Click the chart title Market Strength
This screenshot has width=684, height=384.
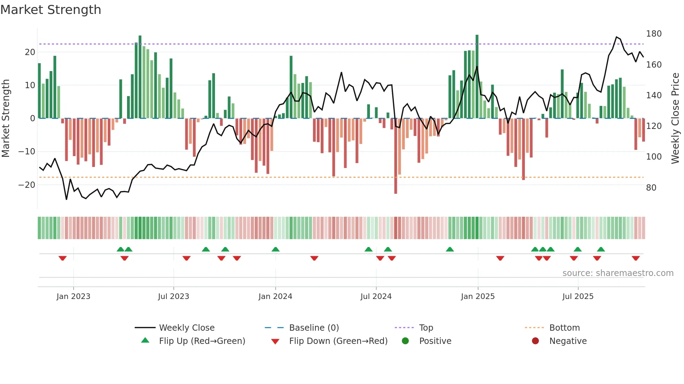[x=51, y=10]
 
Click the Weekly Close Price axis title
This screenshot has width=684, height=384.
[x=675, y=118]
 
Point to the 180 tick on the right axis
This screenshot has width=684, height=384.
[x=654, y=34]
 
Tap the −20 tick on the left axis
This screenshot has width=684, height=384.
[x=27, y=185]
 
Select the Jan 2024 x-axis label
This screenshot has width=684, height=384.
[x=275, y=297]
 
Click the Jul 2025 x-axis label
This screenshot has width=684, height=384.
[x=578, y=297]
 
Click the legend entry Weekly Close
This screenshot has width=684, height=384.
[x=187, y=328]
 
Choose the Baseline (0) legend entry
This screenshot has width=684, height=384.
[x=314, y=328]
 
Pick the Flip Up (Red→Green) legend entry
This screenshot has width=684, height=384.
[x=202, y=341]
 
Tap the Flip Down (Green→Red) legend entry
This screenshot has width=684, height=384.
[x=338, y=341]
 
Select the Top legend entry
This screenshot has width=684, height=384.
[x=426, y=328]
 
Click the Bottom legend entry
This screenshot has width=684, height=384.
[x=564, y=328]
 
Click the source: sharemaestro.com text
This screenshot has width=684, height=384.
[x=618, y=273]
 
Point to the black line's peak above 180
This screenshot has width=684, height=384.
[x=617, y=37]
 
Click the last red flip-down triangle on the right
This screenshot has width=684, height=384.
[x=635, y=258]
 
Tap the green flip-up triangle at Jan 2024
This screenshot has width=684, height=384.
[x=275, y=249]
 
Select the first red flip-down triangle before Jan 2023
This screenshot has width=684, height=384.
[x=62, y=258]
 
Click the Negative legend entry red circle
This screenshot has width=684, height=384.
[x=535, y=341]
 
